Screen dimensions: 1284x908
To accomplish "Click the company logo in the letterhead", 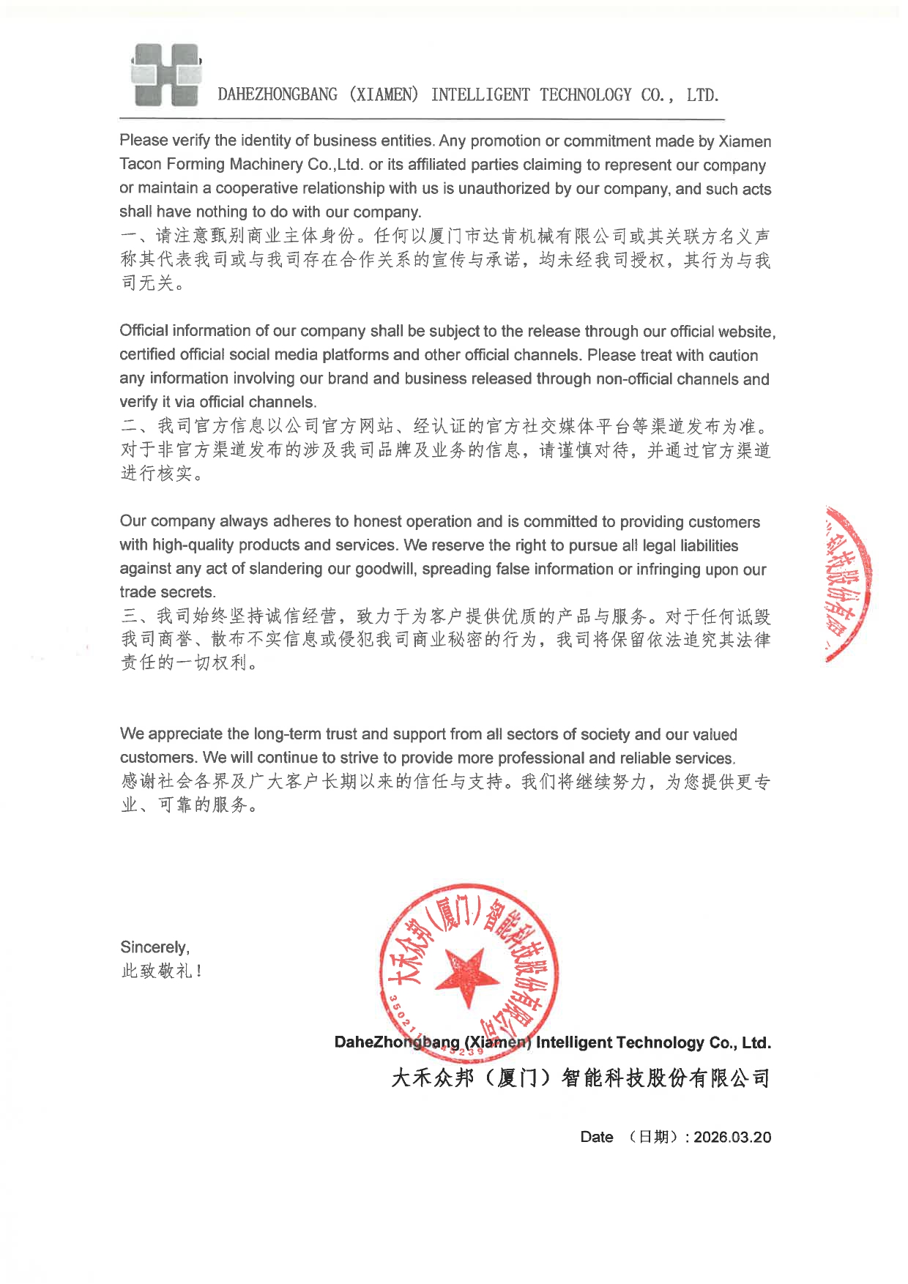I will (166, 75).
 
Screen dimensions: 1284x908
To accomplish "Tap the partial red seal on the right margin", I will (848, 583).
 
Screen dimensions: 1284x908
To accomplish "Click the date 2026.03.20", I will (732, 1137).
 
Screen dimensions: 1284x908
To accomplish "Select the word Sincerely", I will (155, 947).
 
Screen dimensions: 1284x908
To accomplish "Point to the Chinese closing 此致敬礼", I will (161, 971).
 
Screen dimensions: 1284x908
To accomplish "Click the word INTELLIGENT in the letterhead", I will (480, 95).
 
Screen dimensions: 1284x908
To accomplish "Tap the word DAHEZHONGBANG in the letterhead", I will (278, 95).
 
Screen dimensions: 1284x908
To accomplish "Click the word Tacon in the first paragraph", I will (141, 164).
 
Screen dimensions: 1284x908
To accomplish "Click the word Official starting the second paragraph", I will (144, 331).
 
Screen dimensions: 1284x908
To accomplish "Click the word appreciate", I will (185, 734).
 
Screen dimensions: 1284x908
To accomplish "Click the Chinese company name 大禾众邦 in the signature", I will (432, 1078).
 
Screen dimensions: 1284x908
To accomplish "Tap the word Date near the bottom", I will (596, 1137).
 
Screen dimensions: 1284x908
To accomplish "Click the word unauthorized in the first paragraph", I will (498, 188).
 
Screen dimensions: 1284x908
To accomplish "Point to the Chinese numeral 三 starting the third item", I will (129, 616).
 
